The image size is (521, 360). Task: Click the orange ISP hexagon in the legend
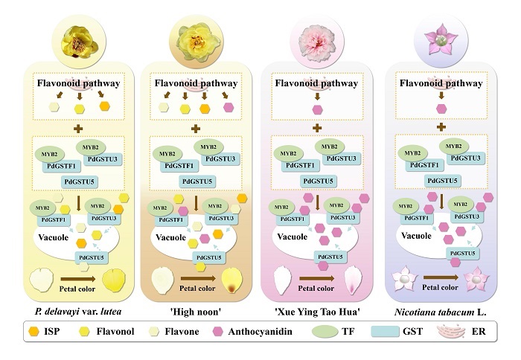tap(34, 331)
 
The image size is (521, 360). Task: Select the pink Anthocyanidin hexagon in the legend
tap(217, 332)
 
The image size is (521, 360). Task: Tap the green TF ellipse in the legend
tap(325, 331)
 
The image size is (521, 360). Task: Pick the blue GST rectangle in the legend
tap(385, 331)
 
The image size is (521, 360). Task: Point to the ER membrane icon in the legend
tap(451, 332)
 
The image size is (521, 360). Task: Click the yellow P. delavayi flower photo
tap(80, 42)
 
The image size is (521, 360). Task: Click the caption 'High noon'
tap(196, 312)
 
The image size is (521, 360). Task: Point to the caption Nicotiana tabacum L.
tap(441, 312)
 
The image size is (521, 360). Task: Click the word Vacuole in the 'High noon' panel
tap(170, 237)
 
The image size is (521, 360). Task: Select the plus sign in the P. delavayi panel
tap(78, 129)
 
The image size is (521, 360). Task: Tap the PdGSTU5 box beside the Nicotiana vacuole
tap(462, 254)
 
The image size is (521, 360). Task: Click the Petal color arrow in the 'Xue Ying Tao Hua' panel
tap(316, 278)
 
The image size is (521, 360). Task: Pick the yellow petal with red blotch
tap(232, 280)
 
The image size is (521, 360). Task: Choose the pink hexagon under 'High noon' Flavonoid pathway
tap(228, 107)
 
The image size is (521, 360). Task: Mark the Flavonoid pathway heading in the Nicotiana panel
tap(441, 83)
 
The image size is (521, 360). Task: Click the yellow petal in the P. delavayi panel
tap(114, 280)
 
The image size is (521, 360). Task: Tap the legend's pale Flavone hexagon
tap(153, 332)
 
